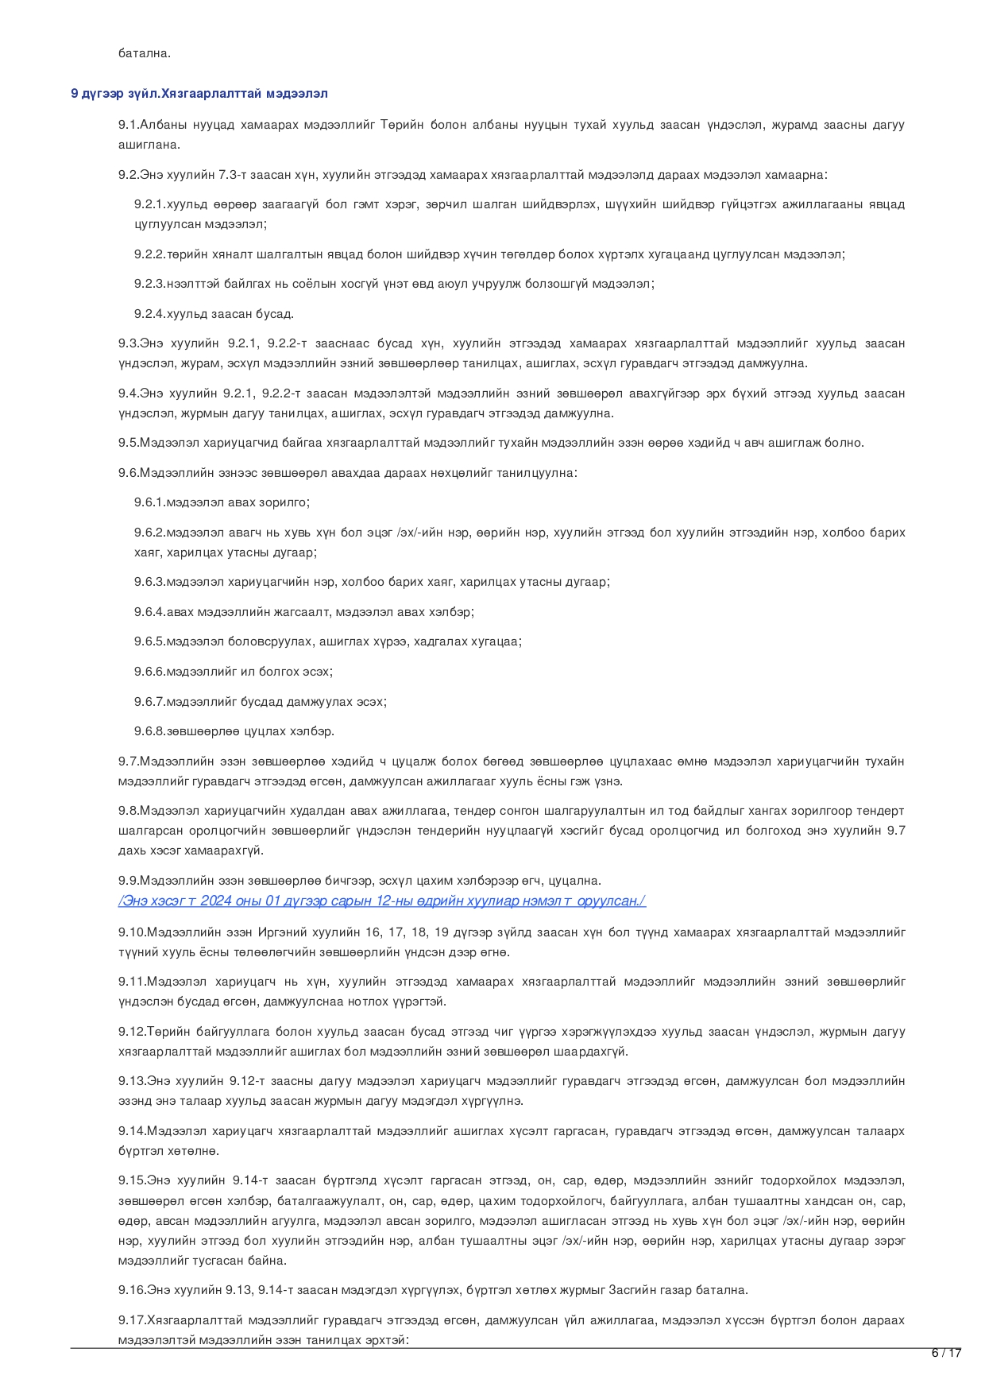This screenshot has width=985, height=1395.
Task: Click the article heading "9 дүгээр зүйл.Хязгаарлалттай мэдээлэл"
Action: coord(199,94)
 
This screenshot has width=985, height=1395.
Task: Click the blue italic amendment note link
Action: coord(382,901)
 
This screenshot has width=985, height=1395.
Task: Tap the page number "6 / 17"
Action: coord(946,1353)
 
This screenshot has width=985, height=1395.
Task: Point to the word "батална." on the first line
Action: coord(145,53)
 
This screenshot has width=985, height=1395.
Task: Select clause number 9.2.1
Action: coord(149,204)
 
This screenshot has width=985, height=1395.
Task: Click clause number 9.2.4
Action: coord(149,314)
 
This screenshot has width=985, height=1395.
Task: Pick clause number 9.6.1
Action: coord(149,502)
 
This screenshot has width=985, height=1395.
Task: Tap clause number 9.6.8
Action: coord(149,731)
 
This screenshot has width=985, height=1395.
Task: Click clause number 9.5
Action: coord(129,443)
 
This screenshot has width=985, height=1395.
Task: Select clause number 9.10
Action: coord(132,932)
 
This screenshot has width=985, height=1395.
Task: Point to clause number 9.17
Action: coord(132,1320)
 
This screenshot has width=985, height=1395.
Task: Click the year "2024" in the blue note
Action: coord(215,901)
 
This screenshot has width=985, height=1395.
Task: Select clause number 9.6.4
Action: coord(149,612)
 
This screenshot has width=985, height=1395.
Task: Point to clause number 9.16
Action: coord(132,1290)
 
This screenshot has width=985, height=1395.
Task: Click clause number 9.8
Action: coord(129,811)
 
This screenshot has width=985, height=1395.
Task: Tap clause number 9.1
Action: coord(129,125)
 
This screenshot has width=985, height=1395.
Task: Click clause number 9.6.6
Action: coord(149,672)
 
